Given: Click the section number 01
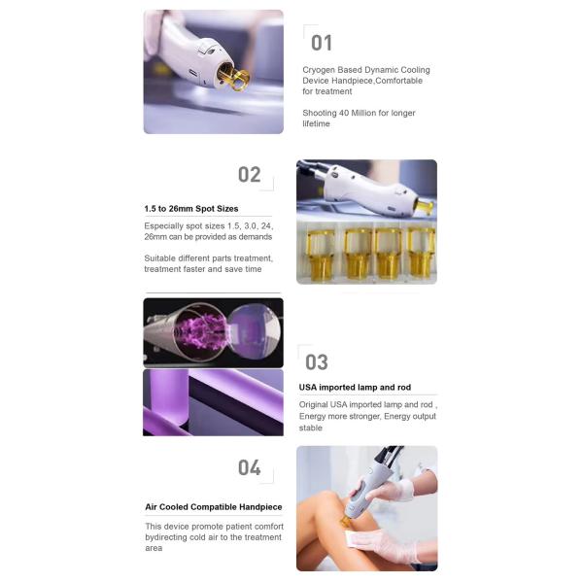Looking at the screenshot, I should click(x=322, y=43).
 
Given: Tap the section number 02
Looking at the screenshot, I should click(x=250, y=175).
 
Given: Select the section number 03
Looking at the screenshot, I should click(x=317, y=362).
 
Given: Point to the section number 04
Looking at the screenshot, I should click(x=250, y=468).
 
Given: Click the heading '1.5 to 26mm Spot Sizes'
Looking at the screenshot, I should click(x=190, y=208).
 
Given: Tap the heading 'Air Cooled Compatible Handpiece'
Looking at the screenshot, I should click(x=213, y=507).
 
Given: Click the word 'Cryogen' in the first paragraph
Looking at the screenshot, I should click(x=320, y=70).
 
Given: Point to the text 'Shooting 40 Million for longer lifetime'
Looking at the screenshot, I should click(x=359, y=118).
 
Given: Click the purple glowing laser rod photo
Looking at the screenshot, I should click(x=213, y=331).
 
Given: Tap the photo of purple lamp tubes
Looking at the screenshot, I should click(x=213, y=401).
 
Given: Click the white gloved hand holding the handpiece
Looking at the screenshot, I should click(x=398, y=490).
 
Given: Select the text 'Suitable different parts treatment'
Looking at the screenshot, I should click(x=208, y=257).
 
